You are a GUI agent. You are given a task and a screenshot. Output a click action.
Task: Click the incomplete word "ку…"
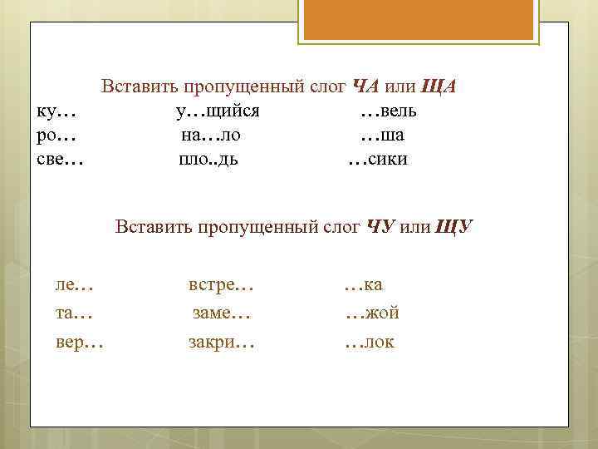pos(56,111)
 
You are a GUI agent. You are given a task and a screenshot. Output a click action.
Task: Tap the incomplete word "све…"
pos(61,158)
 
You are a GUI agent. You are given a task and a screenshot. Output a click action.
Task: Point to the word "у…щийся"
pos(218,111)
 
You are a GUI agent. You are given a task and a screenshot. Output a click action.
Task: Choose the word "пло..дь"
pos(208,158)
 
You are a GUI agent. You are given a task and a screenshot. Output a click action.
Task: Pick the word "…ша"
pos(382,135)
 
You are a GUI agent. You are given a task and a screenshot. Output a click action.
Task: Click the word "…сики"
pos(377,158)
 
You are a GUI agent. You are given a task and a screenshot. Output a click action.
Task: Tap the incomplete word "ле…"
pos(74,285)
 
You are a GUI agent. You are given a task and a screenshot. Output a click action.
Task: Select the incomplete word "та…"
pos(74,313)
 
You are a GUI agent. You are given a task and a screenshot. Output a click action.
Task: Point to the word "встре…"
pos(221,285)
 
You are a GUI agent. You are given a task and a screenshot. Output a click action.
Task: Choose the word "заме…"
pos(221,313)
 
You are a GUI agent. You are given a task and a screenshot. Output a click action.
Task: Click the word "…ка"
pos(363,285)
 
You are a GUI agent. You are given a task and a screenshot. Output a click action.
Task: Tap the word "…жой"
pos(371,313)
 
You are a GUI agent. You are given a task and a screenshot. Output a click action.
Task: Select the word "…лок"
pos(370,341)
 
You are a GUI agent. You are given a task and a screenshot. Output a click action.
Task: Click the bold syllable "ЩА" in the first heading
pos(439,86)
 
